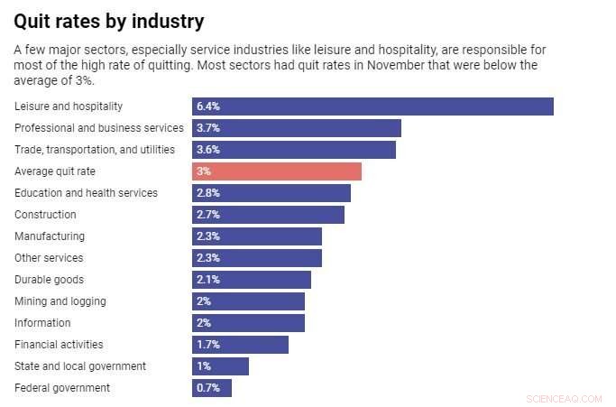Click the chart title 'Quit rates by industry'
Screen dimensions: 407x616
[x=109, y=21]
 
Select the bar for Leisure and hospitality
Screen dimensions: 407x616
[x=372, y=106]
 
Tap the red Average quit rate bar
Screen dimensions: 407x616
[x=277, y=171]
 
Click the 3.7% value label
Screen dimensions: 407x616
[x=207, y=128]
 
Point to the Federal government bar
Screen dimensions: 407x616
[x=212, y=388]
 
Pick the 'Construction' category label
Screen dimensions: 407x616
[x=45, y=215]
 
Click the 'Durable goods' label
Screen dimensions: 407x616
[x=50, y=280]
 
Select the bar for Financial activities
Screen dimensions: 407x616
[x=240, y=345]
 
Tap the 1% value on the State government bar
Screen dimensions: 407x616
[x=203, y=366]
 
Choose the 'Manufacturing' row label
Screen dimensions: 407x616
[x=50, y=236]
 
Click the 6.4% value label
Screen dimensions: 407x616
[x=207, y=106]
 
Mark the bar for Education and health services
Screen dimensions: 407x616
[x=271, y=193]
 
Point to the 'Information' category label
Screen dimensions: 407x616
[x=42, y=323]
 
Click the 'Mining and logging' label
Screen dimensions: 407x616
[x=60, y=301]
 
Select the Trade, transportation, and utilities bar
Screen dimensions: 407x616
[x=294, y=150]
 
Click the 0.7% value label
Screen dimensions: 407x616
[x=207, y=388]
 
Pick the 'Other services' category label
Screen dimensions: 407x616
[x=49, y=258]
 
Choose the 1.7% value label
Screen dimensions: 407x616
[x=207, y=345]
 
